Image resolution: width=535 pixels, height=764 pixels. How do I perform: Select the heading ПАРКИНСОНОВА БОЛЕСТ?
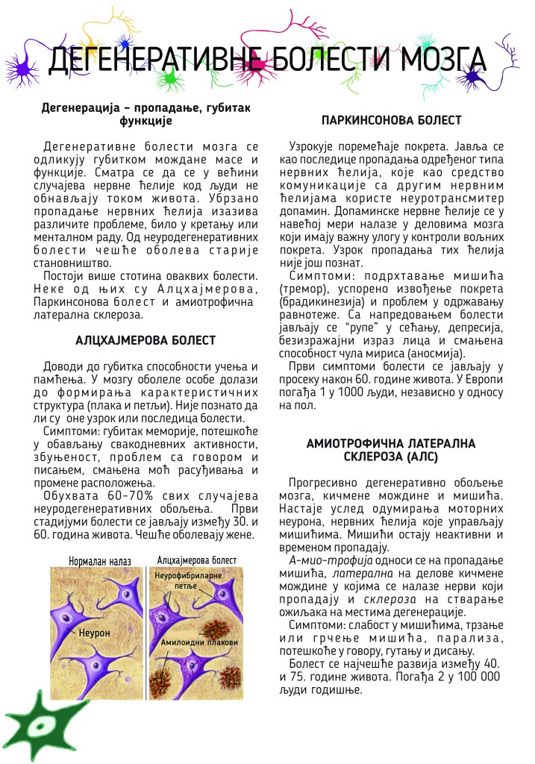(391, 120)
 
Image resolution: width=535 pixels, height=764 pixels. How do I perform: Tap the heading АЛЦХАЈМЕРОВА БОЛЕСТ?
(146, 340)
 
